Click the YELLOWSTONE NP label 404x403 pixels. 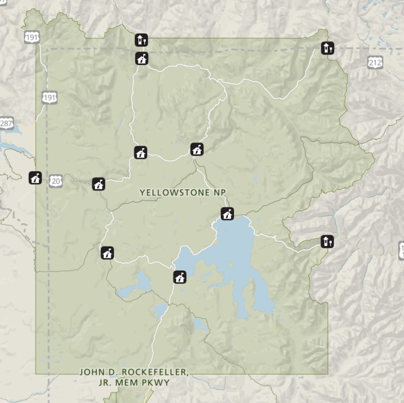click(x=183, y=192)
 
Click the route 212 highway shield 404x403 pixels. click(x=375, y=63)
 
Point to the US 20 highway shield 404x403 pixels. click(x=56, y=181)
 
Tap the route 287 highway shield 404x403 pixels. click(x=6, y=124)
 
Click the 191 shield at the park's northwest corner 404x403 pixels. click(x=32, y=37)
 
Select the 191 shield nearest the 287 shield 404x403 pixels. click(x=49, y=98)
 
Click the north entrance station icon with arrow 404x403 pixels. click(x=141, y=40)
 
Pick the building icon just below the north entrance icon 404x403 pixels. click(x=142, y=59)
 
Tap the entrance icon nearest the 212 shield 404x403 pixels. click(x=327, y=48)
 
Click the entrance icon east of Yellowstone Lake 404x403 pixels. click(x=327, y=242)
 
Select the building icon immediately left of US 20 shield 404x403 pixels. click(x=35, y=178)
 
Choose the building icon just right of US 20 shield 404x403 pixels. click(x=98, y=184)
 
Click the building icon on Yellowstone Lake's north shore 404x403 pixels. click(x=227, y=214)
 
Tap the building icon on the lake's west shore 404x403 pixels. click(x=180, y=277)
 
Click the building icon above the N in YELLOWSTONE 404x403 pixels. click(x=197, y=149)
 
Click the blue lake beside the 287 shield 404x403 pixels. click(x=11, y=145)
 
